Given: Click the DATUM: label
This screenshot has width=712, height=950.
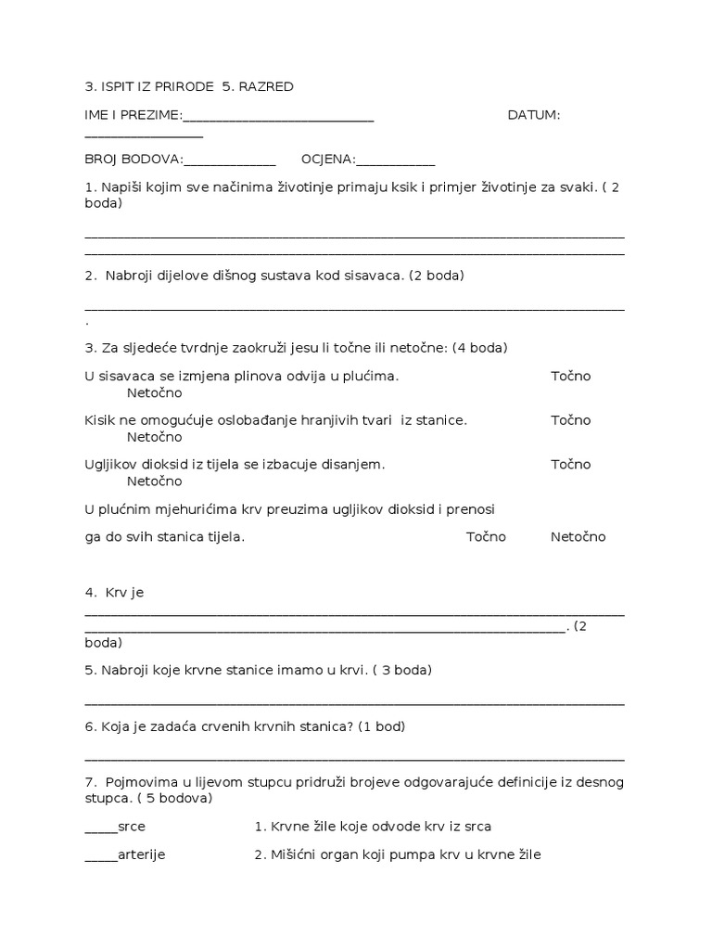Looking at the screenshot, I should (534, 115).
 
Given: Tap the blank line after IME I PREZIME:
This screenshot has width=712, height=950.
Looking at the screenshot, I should (278, 118).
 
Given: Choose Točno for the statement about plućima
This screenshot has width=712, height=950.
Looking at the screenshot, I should (570, 376).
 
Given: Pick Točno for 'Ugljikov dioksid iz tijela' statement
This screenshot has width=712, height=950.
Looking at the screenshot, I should (570, 464).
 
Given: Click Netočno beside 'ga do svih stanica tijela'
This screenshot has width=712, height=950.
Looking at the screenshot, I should (578, 537).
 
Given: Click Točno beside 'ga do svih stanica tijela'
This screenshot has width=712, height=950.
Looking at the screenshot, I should (486, 537).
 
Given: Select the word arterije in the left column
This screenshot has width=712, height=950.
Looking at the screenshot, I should (142, 854).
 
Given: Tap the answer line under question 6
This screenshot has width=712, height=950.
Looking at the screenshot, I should (354, 758).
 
